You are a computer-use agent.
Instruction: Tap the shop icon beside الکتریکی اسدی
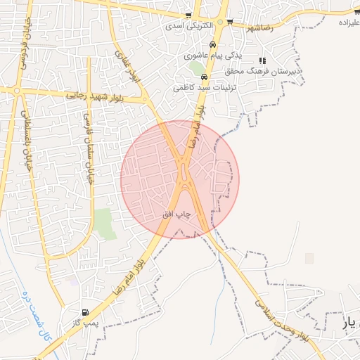pyautogui.click(x=188, y=15)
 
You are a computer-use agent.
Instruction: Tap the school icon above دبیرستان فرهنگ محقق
pyautogui.click(x=263, y=60)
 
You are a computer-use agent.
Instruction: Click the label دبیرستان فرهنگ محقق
pyautogui.click(x=263, y=72)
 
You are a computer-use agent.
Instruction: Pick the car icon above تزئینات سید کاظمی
pyautogui.click(x=204, y=77)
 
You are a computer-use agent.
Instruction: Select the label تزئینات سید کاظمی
pyautogui.click(x=202, y=88)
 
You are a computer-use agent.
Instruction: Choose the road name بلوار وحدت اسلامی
pyautogui.click(x=281, y=316)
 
